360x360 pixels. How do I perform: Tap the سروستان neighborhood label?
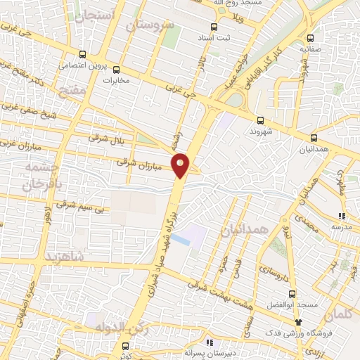[x=149, y=25]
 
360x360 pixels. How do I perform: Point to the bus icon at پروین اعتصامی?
[x=82, y=54]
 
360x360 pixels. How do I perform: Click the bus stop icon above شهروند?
[x=260, y=120]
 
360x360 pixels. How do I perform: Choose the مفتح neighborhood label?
[x=73, y=92]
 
